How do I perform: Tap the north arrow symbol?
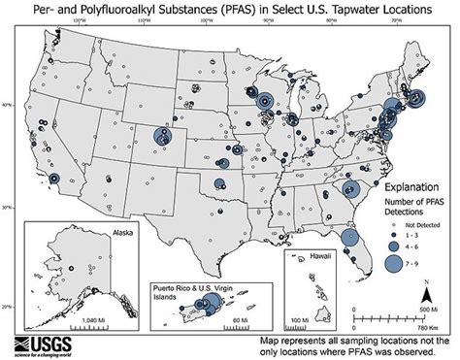(x=425, y=292)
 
